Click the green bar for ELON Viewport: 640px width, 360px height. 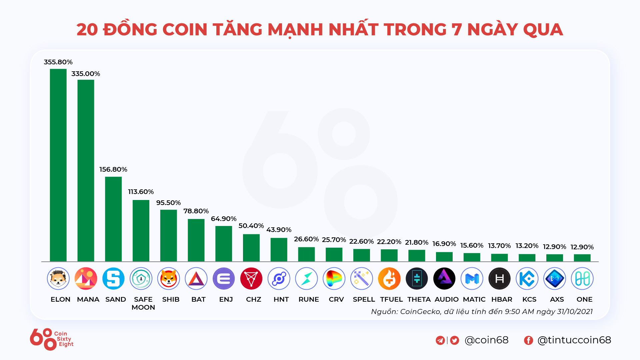pos(58,165)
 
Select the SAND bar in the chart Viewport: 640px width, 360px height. pos(113,219)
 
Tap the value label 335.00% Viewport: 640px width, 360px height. pos(86,74)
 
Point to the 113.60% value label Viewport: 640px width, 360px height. pos(141,192)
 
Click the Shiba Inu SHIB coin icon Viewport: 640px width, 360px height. pos(169,279)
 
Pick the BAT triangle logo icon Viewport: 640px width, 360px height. pos(196,279)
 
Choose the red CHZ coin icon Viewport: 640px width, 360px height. pos(251,279)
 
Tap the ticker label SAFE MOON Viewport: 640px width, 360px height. pos(143,303)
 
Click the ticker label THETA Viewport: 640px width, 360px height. pos(419,299)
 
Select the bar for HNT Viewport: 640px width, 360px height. pos(279,250)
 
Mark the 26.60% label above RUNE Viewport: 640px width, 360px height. pos(306,239)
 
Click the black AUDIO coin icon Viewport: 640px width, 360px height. pos(444,279)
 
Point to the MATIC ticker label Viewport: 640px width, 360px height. pos(474,299)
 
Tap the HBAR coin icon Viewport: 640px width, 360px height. pos(499,279)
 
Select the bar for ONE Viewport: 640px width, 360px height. pos(582,258)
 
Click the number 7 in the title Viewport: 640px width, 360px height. pos(456,30)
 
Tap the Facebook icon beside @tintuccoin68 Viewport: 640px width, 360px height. pos(528,340)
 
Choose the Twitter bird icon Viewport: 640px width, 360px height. pos(455,340)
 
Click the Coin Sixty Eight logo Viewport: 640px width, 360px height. pos(52,339)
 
